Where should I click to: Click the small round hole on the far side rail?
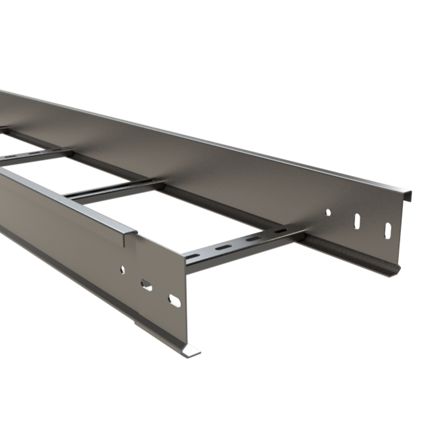click(328, 212)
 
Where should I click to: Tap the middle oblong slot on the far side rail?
click(357, 221)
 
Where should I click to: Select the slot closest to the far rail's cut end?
click(388, 231)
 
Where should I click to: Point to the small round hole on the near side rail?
click(123, 270)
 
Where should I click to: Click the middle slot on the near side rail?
click(146, 285)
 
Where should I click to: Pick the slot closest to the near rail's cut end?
click(174, 300)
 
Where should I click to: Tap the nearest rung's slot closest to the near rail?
click(193, 256)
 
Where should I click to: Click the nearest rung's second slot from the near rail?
click(223, 247)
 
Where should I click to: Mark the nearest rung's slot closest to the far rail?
click(281, 230)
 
